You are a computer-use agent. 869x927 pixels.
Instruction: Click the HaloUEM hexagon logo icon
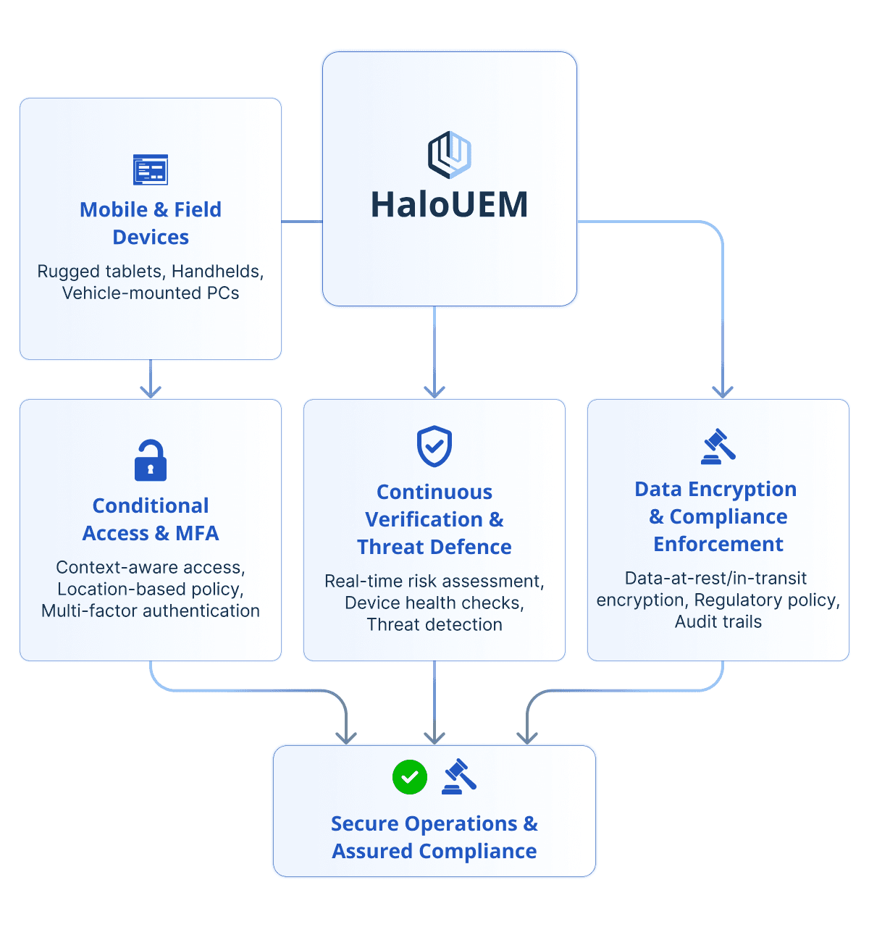pyautogui.click(x=449, y=154)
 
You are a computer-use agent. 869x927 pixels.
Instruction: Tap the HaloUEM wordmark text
pyautogui.click(x=449, y=205)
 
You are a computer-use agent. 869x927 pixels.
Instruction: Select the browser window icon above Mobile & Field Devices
pyautogui.click(x=151, y=169)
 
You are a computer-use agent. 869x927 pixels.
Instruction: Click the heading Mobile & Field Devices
pyautogui.click(x=151, y=223)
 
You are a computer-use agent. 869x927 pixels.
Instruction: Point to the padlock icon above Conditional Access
pyautogui.click(x=151, y=461)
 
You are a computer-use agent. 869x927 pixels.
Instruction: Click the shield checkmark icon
pyautogui.click(x=434, y=446)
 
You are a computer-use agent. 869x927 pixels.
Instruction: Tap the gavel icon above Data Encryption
pyautogui.click(x=718, y=446)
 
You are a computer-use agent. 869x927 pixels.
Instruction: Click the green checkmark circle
pyautogui.click(x=410, y=777)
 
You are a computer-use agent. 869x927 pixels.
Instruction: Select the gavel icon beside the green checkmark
pyautogui.click(x=459, y=776)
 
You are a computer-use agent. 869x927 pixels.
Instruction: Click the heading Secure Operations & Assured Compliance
pyautogui.click(x=434, y=837)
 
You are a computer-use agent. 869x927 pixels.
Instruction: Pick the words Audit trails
pyautogui.click(x=718, y=621)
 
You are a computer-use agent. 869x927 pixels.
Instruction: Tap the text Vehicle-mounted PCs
pyautogui.click(x=151, y=293)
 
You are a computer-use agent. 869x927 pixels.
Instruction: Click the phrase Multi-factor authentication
pyautogui.click(x=151, y=611)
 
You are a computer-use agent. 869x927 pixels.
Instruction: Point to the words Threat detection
pyautogui.click(x=434, y=624)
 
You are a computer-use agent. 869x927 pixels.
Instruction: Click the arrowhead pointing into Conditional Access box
pyautogui.click(x=151, y=392)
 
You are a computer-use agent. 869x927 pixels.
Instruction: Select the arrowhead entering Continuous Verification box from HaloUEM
pyautogui.click(x=434, y=392)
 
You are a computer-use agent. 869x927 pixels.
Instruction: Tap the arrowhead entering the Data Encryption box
pyautogui.click(x=723, y=392)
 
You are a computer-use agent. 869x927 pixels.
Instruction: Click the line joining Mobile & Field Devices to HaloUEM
pyautogui.click(x=301, y=222)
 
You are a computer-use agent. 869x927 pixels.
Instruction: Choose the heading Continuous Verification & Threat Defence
pyautogui.click(x=434, y=519)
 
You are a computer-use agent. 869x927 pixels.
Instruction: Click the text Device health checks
pyautogui.click(x=434, y=603)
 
